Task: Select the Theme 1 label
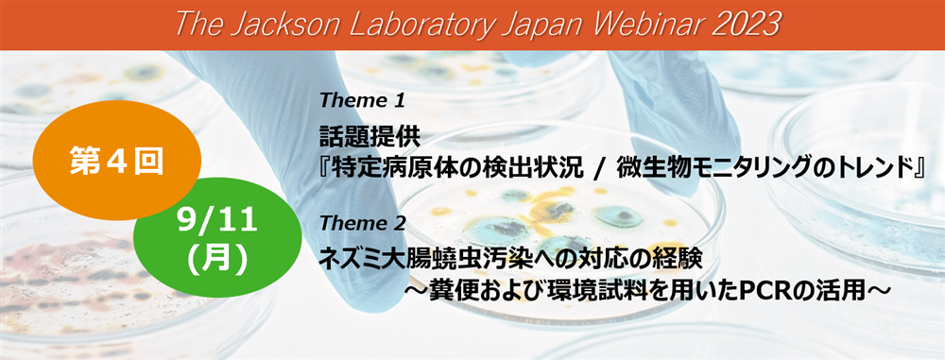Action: coord(362,100)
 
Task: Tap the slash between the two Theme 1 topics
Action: coord(596,170)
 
